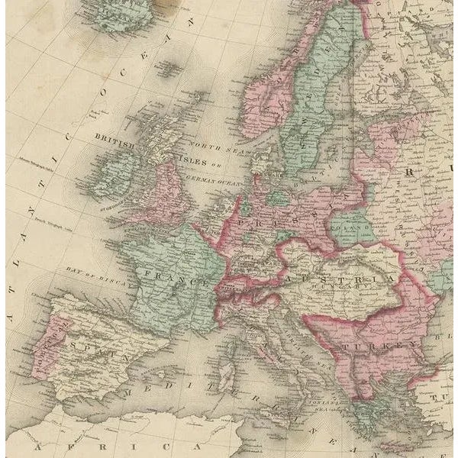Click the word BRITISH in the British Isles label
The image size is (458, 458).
coord(114,140)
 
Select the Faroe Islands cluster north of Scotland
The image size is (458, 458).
coord(167,69)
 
